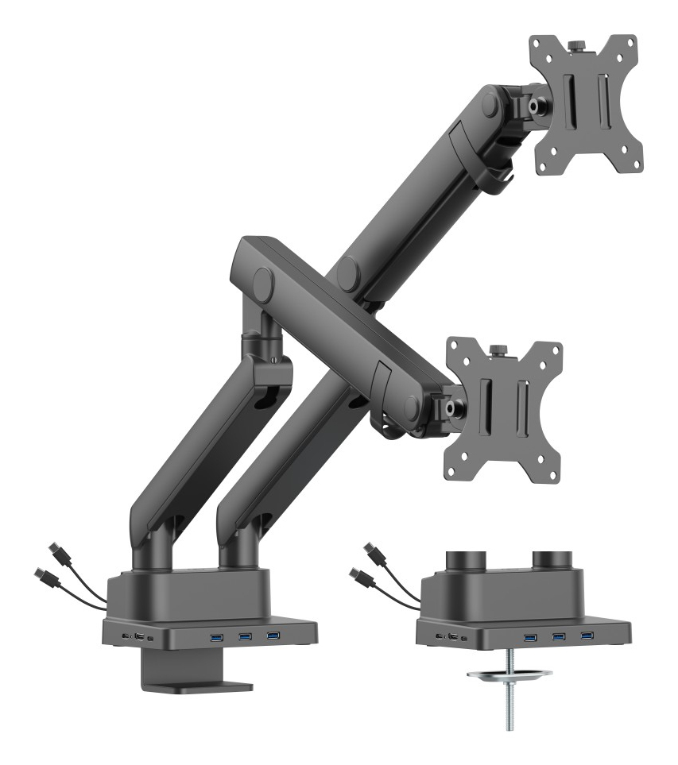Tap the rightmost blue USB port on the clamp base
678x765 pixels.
(x=273, y=635)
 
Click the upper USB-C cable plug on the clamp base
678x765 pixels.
(x=55, y=550)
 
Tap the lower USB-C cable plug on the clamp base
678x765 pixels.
(x=43, y=575)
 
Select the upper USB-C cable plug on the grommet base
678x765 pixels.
(x=369, y=550)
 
